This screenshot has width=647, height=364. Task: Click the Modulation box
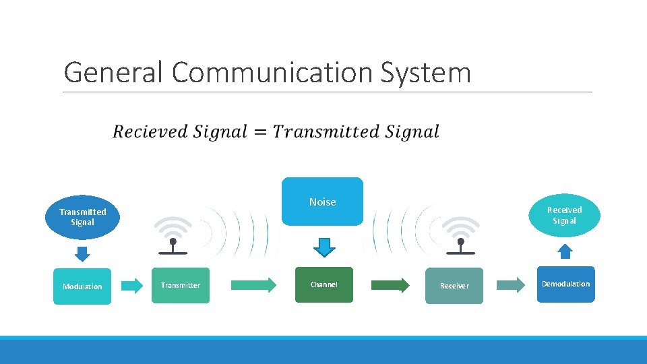(x=82, y=286)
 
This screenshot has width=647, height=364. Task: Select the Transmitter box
(x=181, y=285)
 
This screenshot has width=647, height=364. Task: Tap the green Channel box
(x=323, y=284)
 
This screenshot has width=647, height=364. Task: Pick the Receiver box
(x=454, y=286)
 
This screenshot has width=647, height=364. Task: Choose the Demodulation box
(x=565, y=284)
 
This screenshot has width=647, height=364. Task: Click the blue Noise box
(x=322, y=202)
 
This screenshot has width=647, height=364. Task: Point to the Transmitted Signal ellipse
(x=82, y=216)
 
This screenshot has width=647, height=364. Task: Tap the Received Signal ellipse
(x=564, y=215)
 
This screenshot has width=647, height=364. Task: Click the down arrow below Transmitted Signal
(x=82, y=253)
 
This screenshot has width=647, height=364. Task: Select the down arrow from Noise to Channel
(x=324, y=247)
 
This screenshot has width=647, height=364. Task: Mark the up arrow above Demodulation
(x=565, y=251)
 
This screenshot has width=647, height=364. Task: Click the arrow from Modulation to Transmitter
(x=133, y=285)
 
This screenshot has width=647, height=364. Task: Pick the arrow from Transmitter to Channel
(x=253, y=284)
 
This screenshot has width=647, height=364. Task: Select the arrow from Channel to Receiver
(x=390, y=284)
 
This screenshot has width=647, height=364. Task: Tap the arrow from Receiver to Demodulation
(x=511, y=284)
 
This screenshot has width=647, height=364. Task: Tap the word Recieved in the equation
(x=150, y=132)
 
